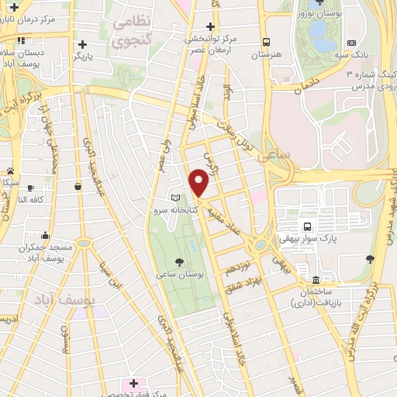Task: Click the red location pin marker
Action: point(199,183)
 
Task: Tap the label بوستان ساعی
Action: point(179,274)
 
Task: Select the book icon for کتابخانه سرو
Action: point(175,198)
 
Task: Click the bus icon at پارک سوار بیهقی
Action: point(308,227)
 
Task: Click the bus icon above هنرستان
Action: point(266,43)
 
